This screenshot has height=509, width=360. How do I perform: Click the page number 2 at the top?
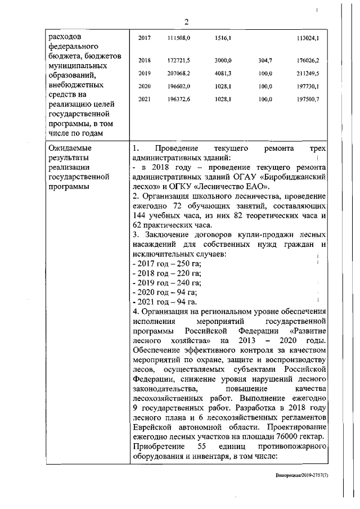click(x=186, y=22)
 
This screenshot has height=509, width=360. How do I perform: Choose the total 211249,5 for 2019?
click(x=308, y=73)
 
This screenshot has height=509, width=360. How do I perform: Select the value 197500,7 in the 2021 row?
click(x=308, y=100)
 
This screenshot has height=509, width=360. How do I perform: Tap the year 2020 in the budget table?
click(x=145, y=87)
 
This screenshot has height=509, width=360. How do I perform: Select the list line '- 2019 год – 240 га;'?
click(x=166, y=282)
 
